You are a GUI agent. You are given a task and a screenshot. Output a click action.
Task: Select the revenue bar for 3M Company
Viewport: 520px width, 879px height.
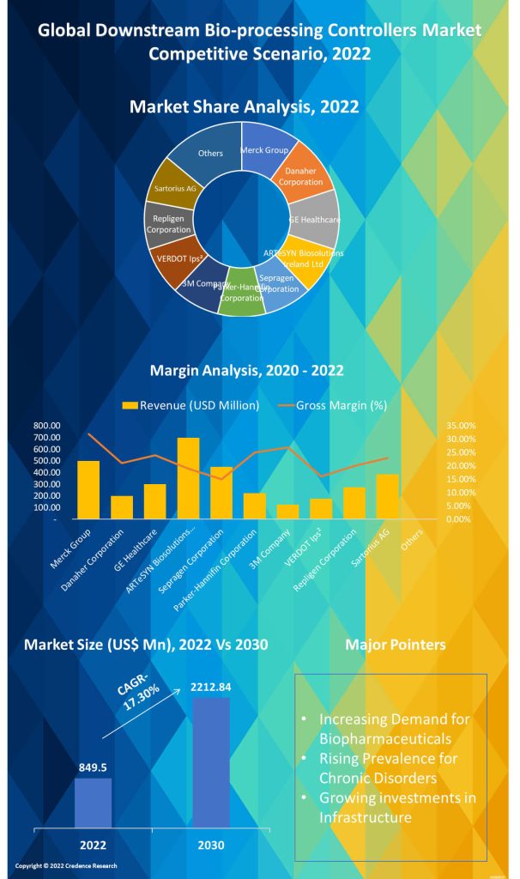[288, 512]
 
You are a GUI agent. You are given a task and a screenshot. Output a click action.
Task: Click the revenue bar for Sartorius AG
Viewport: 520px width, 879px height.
[388, 496]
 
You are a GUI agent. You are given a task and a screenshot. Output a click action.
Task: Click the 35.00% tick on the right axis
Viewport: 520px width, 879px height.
[461, 426]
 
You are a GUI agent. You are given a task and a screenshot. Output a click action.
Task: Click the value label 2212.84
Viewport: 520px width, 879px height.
[211, 687]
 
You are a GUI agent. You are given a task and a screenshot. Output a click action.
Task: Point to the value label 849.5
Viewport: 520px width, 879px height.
[92, 768]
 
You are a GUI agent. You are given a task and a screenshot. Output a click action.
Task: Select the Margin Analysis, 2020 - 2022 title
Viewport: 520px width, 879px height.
[247, 371]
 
